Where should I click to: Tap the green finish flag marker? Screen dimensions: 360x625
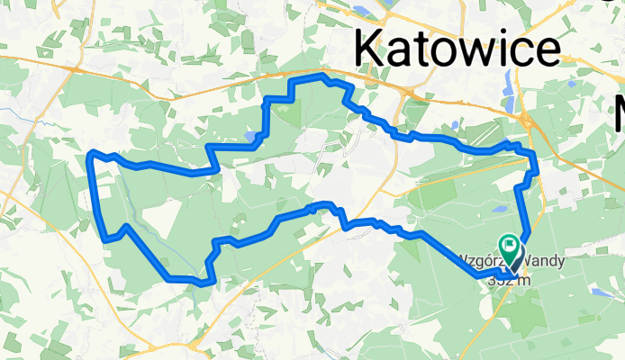click(x=511, y=244)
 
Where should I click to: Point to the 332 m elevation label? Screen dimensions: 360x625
click(x=507, y=280)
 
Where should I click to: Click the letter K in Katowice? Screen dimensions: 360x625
click(x=372, y=48)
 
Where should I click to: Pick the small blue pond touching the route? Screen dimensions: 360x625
click(x=249, y=137)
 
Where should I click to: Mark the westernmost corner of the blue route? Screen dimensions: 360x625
click(x=89, y=155)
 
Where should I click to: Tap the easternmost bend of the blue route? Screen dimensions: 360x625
click(x=536, y=166)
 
